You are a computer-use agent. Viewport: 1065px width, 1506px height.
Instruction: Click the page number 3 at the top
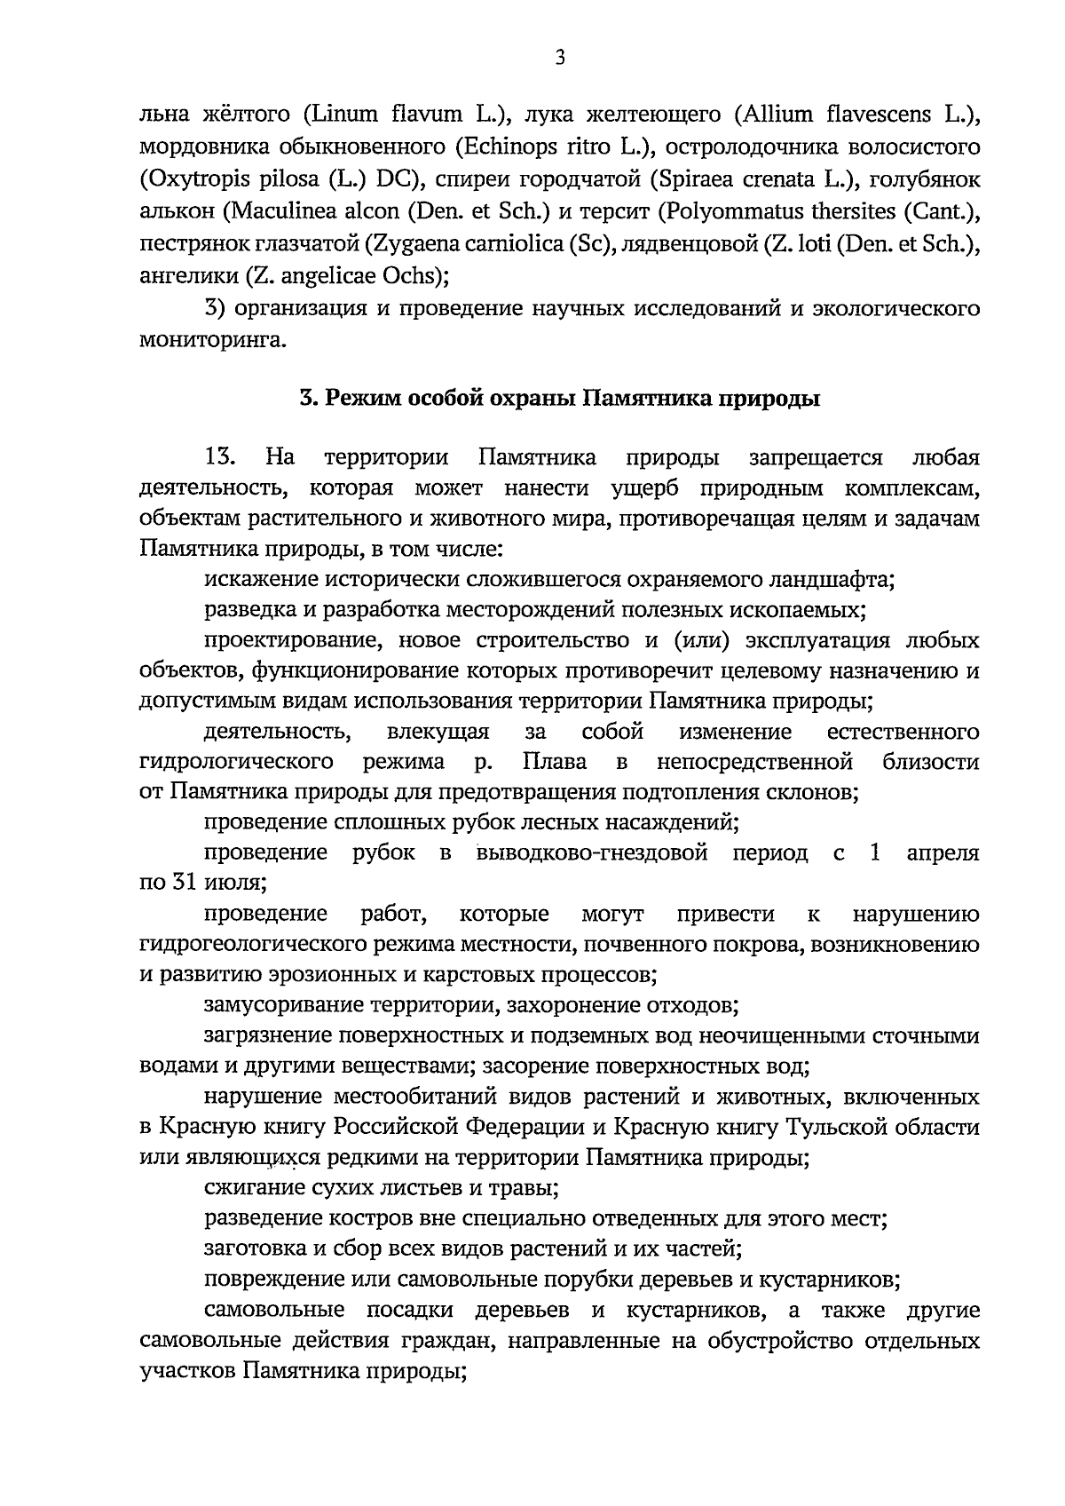pyautogui.click(x=559, y=59)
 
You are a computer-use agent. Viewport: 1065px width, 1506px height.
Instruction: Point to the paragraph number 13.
pyautogui.click(x=219, y=458)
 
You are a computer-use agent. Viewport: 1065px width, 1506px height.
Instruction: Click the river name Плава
pyautogui.click(x=554, y=762)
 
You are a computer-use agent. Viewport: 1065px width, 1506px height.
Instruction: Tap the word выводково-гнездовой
pyautogui.click(x=592, y=853)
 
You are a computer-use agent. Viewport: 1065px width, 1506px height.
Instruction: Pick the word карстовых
pyautogui.click(x=482, y=975)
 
